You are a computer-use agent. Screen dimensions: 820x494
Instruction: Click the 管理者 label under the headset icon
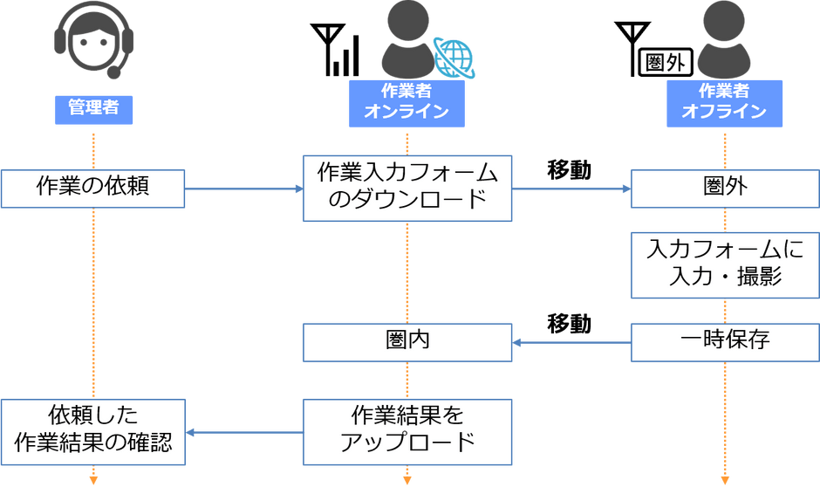[x=93, y=110]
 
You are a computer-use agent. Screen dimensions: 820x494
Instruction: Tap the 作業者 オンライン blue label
[x=407, y=104]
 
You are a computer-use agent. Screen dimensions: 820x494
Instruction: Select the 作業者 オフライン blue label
[x=724, y=104]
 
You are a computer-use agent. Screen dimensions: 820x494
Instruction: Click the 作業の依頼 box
[x=92, y=189]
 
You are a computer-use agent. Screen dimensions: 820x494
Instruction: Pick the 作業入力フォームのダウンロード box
[x=407, y=189]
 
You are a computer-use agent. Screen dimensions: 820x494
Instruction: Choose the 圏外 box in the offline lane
[x=725, y=189]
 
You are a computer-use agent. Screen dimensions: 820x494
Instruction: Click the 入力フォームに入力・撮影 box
[x=725, y=265]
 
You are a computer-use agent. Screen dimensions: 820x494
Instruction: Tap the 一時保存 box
[x=725, y=342]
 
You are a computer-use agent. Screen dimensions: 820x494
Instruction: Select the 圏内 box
[x=407, y=342]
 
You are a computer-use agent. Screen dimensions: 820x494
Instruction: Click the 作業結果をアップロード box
[x=407, y=432]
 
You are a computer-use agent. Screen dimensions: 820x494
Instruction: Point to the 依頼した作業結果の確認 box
[x=93, y=432]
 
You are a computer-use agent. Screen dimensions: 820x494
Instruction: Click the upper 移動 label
[x=569, y=170]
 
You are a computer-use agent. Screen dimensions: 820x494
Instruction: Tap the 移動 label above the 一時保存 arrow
[x=569, y=324]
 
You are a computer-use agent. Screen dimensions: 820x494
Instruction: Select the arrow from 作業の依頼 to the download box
[x=243, y=189]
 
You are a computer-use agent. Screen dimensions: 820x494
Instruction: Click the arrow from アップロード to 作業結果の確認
[x=244, y=433]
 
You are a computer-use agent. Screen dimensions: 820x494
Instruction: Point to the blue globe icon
[x=454, y=58]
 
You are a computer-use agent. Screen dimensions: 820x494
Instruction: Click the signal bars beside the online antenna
[x=345, y=56]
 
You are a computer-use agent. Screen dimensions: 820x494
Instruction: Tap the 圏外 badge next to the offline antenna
[x=666, y=62]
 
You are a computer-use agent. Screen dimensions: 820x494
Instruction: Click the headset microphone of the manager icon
[x=113, y=72]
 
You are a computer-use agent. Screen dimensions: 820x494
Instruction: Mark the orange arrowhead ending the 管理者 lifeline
[x=93, y=480]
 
